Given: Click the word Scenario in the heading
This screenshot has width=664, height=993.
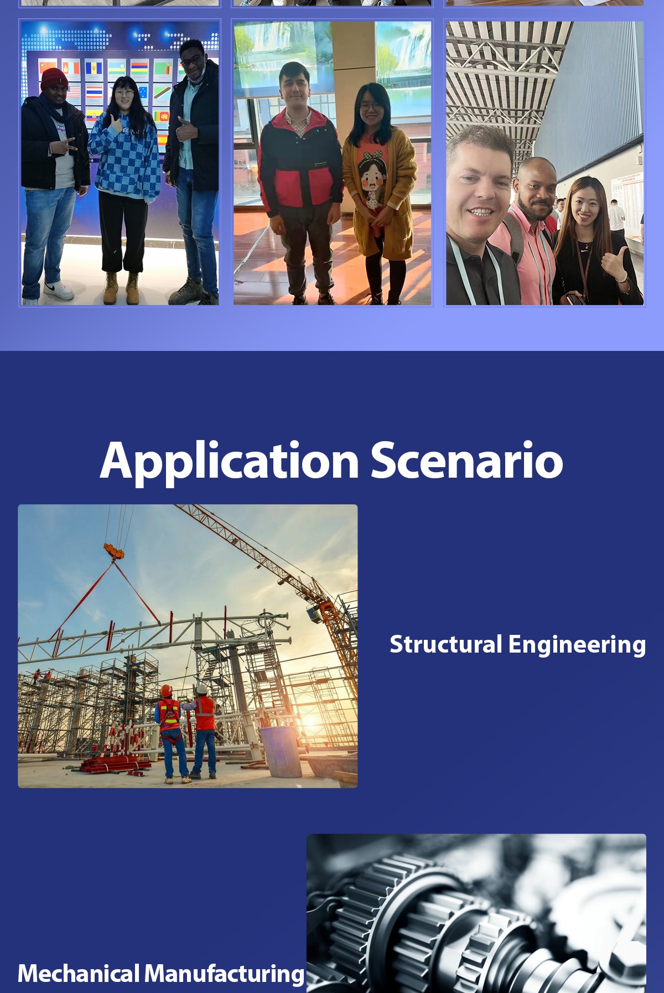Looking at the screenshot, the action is [x=467, y=461].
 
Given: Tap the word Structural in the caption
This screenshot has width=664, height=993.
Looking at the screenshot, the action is [x=446, y=644].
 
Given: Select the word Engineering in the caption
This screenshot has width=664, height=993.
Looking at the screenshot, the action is [x=577, y=645].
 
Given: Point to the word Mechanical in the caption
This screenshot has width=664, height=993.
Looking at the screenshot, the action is [x=79, y=973].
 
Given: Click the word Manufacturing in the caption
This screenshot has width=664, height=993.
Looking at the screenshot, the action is [x=225, y=974].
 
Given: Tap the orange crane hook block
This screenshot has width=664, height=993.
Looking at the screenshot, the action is [x=114, y=551].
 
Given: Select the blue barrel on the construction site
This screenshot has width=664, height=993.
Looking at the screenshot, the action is [x=281, y=752].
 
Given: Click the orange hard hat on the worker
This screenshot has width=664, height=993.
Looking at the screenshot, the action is [x=167, y=690].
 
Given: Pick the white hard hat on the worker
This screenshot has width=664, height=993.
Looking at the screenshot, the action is [x=202, y=689].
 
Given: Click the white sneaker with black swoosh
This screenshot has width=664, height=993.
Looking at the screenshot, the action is [x=59, y=289].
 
